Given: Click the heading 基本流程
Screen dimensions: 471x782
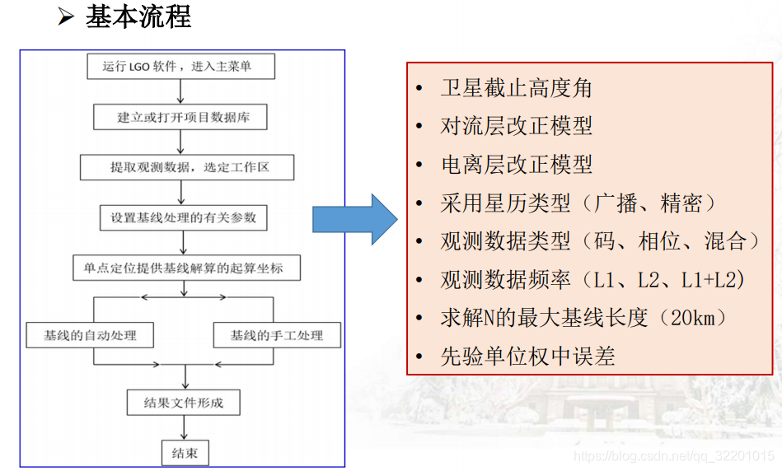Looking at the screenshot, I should point(138,16).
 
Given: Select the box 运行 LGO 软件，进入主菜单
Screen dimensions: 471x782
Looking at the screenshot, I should point(180,67).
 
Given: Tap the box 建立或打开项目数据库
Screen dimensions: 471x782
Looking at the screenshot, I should point(180,117).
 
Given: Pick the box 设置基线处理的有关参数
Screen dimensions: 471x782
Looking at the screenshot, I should point(183,217).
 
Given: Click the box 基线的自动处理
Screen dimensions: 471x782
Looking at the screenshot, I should point(91,335).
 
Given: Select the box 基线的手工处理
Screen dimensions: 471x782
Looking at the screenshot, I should point(276,335).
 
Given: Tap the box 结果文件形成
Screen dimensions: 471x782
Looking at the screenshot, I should point(183,403).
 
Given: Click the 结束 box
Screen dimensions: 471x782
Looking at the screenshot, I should point(184,452).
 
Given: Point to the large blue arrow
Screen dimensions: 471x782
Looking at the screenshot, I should point(354,219).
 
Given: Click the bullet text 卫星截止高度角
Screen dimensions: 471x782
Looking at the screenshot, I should point(516,88).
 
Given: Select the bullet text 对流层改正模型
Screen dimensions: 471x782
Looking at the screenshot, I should point(516,126).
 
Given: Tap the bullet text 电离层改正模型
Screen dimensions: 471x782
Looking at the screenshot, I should point(516,164).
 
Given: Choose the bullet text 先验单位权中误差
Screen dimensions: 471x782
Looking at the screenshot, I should point(527,356).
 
